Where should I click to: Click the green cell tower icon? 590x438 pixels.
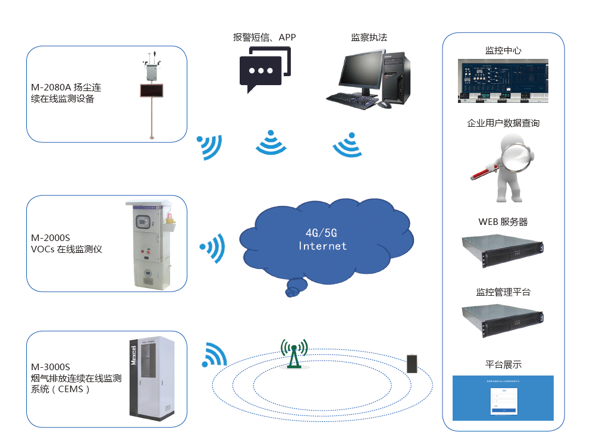click(x=294, y=354)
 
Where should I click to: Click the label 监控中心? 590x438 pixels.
click(x=503, y=51)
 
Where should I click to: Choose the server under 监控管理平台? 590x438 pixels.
click(x=503, y=320)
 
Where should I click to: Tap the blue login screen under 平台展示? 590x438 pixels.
click(x=503, y=398)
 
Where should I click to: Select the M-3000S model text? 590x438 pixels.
click(x=51, y=367)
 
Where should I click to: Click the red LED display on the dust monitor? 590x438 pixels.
click(x=151, y=90)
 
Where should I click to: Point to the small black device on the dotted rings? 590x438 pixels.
click(x=412, y=363)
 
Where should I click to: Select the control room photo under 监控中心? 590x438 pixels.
click(x=503, y=81)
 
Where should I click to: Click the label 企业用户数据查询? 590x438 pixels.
click(x=503, y=123)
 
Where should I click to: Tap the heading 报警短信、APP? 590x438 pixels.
click(x=264, y=37)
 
